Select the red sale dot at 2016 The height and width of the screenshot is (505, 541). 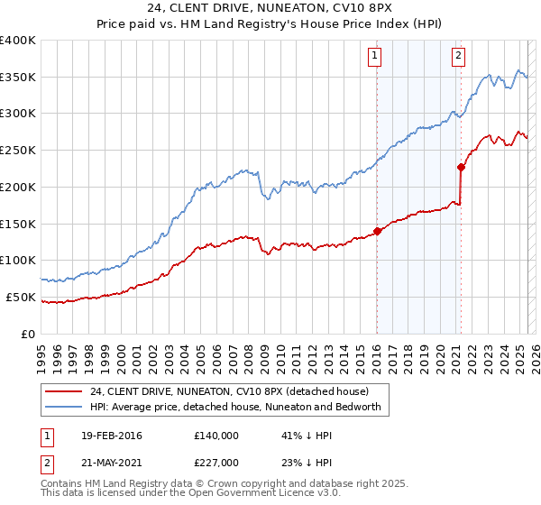click(x=377, y=231)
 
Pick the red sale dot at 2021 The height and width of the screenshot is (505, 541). click(x=461, y=167)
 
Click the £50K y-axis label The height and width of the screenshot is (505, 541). click(x=21, y=297)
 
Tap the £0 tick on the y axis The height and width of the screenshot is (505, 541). click(x=30, y=334)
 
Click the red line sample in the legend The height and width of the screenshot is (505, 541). click(x=64, y=391)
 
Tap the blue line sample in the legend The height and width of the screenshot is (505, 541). click(x=64, y=407)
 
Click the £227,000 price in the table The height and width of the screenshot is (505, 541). click(x=215, y=463)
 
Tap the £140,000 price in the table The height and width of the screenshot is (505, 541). click(x=215, y=436)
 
